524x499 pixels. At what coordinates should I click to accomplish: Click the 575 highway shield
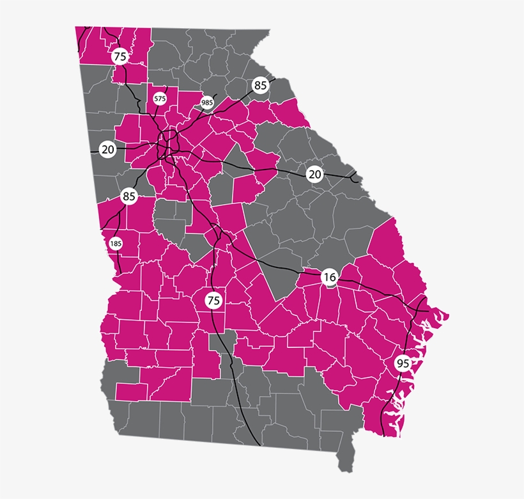click(x=160, y=99)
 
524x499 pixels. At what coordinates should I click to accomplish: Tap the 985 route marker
click(x=207, y=102)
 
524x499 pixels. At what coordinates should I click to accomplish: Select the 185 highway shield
click(x=116, y=243)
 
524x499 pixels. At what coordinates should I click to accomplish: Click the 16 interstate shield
click(x=330, y=277)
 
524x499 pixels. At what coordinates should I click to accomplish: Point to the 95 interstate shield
click(x=403, y=363)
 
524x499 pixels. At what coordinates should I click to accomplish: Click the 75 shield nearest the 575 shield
click(x=119, y=56)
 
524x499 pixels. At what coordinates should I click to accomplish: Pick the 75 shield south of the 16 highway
click(x=213, y=299)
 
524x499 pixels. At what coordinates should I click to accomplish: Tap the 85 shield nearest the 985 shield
click(x=260, y=85)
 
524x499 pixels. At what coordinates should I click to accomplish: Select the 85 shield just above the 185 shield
click(x=129, y=196)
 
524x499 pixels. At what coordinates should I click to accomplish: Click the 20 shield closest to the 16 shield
click(x=314, y=174)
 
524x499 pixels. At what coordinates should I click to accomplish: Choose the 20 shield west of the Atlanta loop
click(x=108, y=150)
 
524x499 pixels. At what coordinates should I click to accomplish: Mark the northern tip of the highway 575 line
click(x=166, y=86)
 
